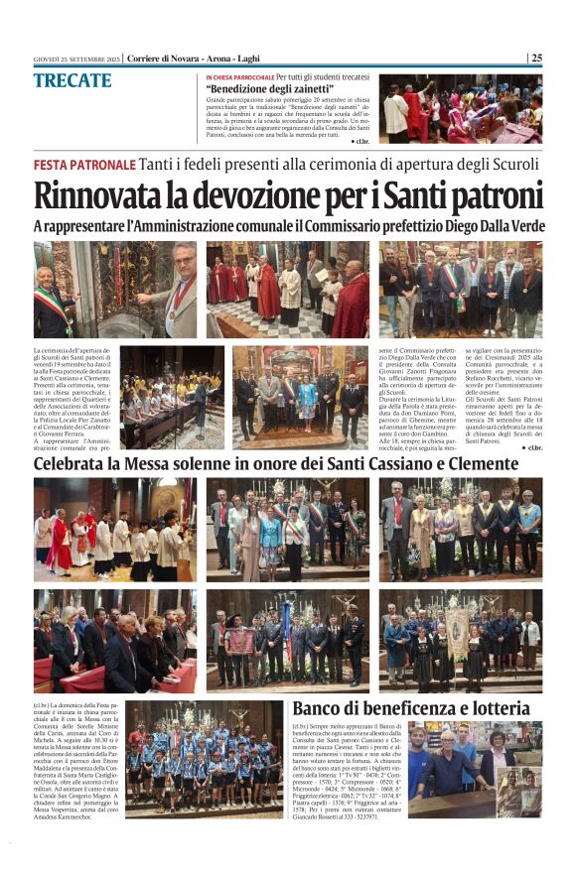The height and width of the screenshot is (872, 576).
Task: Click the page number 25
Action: coord(536,58)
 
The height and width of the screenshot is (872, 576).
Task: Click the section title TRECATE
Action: coord(72,80)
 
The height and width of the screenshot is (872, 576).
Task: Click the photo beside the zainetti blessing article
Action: coord(461,109)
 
